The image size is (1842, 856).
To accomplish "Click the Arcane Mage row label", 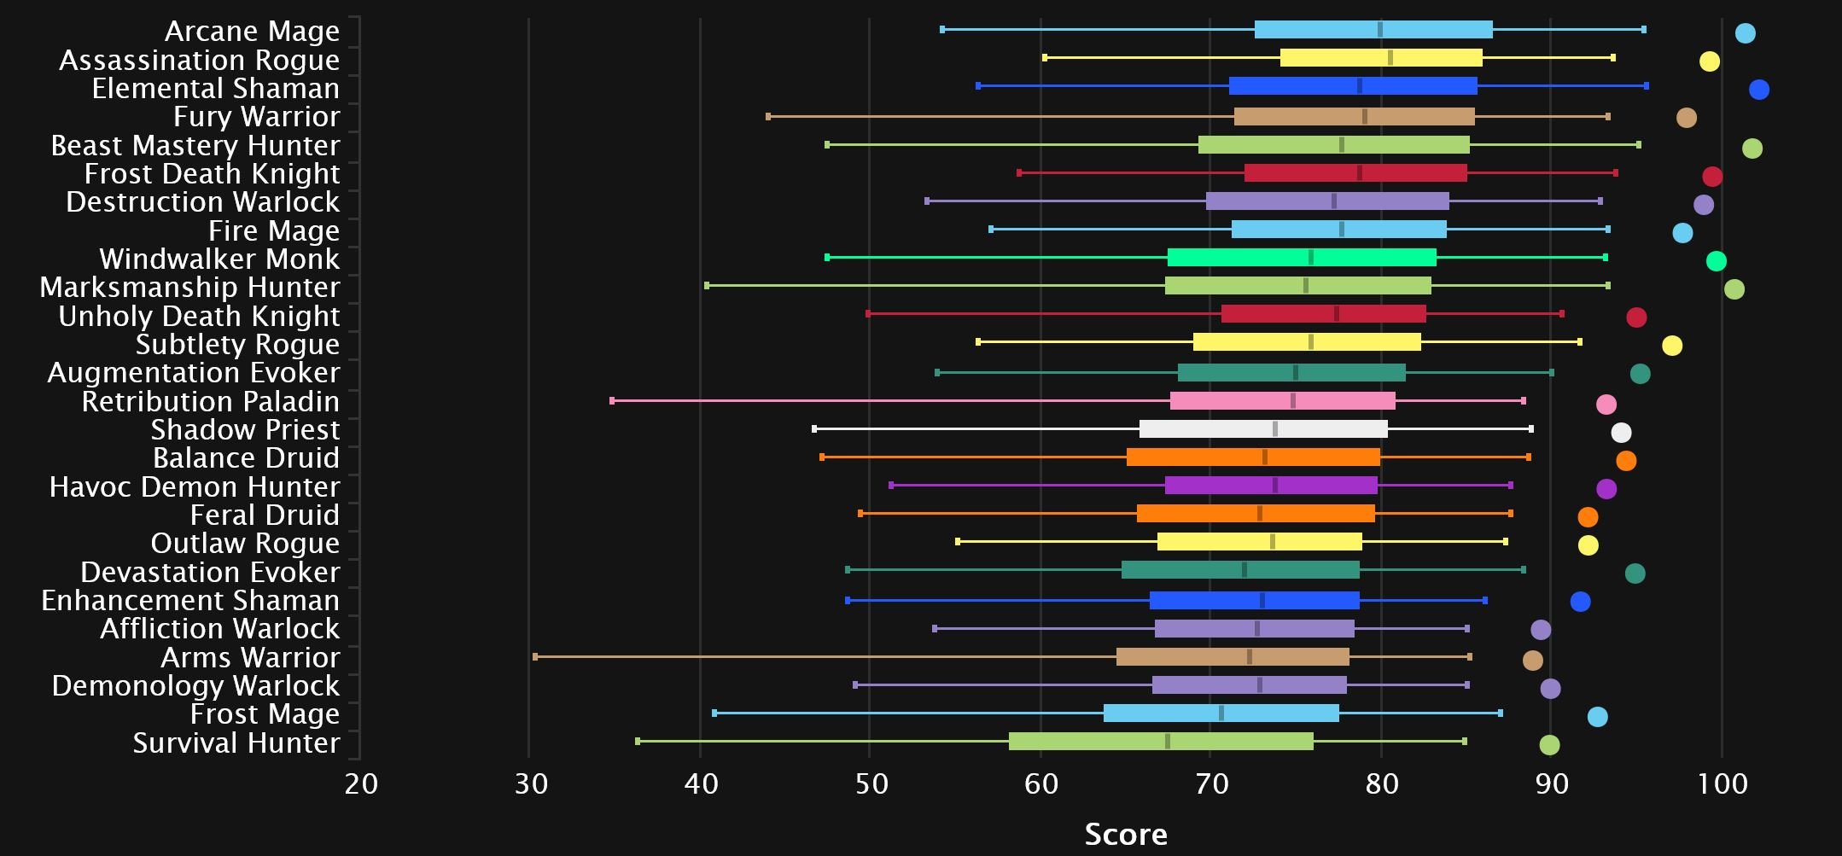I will (252, 32).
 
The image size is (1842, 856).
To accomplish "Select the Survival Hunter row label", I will (236, 743).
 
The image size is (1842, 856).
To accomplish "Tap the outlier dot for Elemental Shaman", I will (1758, 90).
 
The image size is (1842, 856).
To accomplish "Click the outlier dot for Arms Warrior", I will (1532, 661).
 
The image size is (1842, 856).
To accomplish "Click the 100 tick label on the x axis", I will (1722, 783).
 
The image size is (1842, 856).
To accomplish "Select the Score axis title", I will (1125, 834).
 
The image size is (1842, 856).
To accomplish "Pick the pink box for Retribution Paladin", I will (1282, 401).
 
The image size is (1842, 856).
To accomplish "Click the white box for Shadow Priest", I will (1263, 429).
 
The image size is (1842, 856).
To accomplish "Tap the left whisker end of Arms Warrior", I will (535, 657).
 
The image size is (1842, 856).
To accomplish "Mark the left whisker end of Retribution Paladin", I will (612, 401).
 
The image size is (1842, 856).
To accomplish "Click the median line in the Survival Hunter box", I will (1167, 742).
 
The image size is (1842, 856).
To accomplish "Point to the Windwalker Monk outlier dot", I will (1716, 261).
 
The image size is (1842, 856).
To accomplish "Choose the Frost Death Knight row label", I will (212, 174).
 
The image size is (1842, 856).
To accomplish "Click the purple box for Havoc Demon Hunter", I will (1271, 486).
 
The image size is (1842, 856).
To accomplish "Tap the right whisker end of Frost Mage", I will (1500, 713).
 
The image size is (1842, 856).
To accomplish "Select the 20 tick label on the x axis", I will (361, 783).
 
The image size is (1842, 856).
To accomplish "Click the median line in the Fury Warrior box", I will (1364, 117).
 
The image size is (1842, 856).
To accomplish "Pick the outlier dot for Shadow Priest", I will (1621, 433).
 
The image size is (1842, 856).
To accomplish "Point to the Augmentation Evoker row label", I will (194, 373).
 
